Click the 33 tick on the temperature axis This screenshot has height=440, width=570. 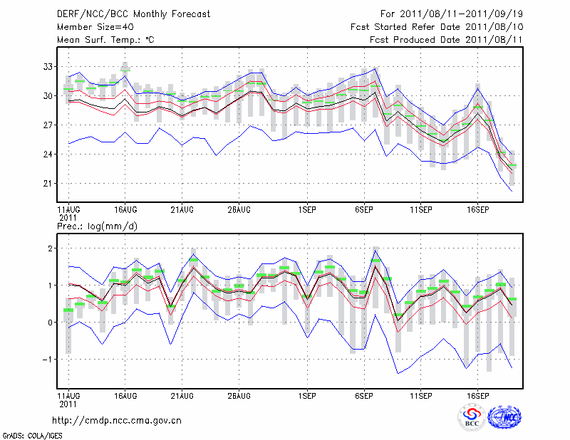[x=48, y=66]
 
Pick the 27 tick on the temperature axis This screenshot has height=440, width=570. [x=48, y=125]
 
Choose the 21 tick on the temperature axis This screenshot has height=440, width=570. [x=48, y=184]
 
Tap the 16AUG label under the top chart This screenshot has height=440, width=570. [x=125, y=210]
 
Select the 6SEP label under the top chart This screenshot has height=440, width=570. [x=364, y=210]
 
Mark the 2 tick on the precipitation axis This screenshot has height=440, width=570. [x=51, y=248]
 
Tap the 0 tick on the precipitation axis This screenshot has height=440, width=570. [x=51, y=323]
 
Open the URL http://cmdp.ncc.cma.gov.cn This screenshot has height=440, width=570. [x=117, y=421]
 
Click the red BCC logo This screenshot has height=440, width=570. [x=472, y=417]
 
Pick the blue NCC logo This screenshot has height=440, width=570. [x=504, y=417]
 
